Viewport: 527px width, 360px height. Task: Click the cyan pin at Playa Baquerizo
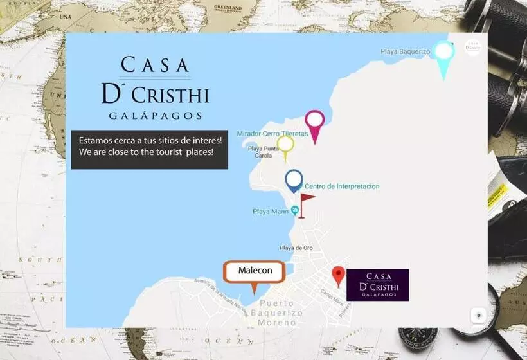[x=443, y=53]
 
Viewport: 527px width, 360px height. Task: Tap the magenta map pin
[x=314, y=121]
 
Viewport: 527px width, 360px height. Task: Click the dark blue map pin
[x=294, y=179]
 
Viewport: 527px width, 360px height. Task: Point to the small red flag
[x=306, y=201]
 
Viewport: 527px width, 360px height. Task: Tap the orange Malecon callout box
[x=255, y=271]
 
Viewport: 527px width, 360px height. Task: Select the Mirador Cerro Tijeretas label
[x=272, y=134]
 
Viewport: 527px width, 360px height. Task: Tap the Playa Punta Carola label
[x=264, y=152]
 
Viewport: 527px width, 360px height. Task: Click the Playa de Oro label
[x=296, y=248]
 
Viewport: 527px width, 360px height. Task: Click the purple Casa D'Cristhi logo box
[x=377, y=285]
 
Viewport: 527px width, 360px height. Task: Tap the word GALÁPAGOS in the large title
[x=155, y=116]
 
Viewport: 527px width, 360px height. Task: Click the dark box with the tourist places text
[x=149, y=149]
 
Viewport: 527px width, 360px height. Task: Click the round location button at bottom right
[x=478, y=316]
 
